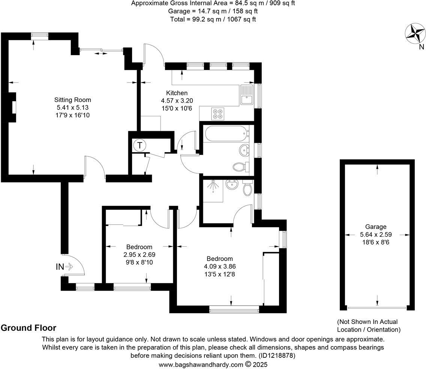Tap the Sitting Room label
tap(72, 100)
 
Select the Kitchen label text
tap(177, 93)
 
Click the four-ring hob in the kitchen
tap(217, 113)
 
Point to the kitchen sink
tap(247, 99)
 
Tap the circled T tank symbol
tap(139, 145)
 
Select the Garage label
tap(376, 226)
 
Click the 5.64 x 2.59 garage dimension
tap(376, 234)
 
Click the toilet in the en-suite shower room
tap(247, 189)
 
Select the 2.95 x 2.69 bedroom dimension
tap(139, 255)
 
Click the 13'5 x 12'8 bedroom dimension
tap(220, 274)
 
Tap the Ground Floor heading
tap(28, 328)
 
